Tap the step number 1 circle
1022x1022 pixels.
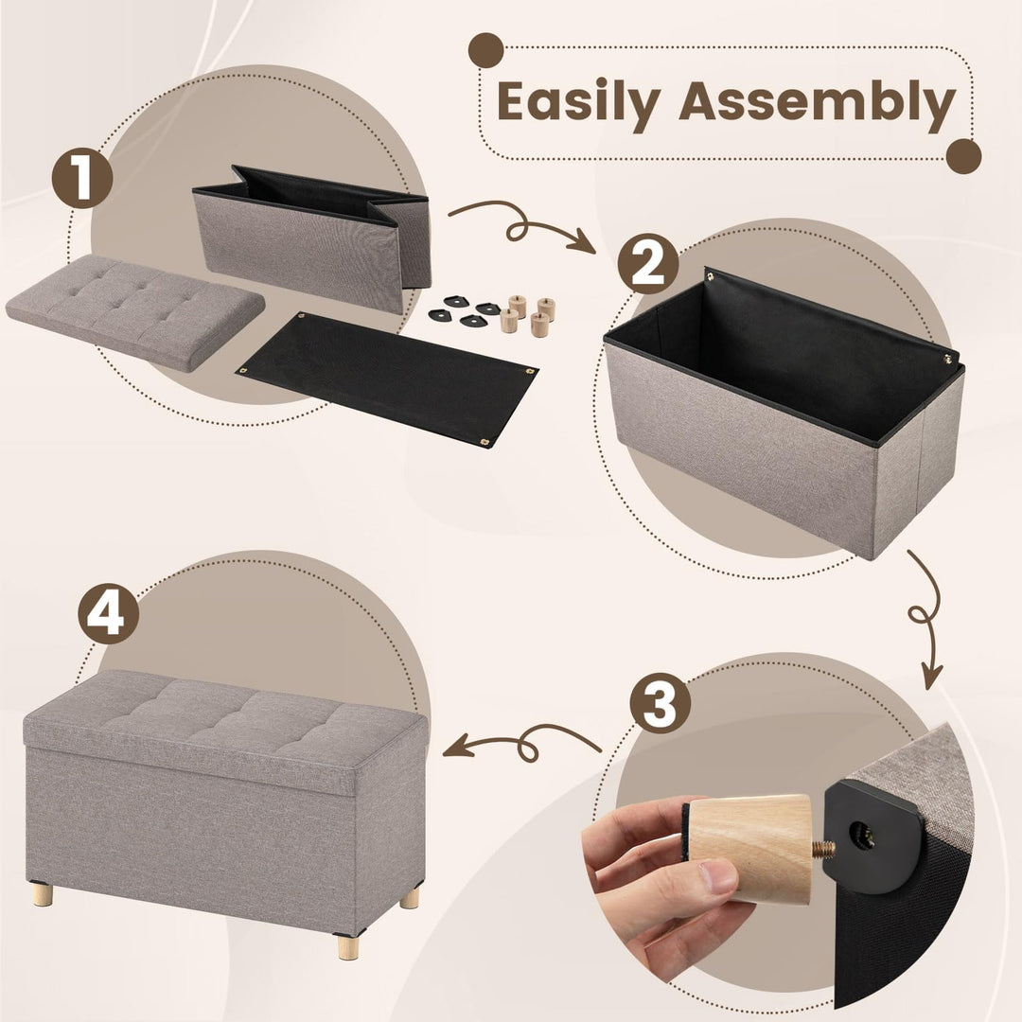(82, 177)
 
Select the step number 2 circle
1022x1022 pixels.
(648, 264)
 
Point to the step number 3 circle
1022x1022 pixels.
(660, 704)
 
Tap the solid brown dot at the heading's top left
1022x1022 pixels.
(486, 50)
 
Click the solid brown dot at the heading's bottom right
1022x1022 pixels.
(963, 156)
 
